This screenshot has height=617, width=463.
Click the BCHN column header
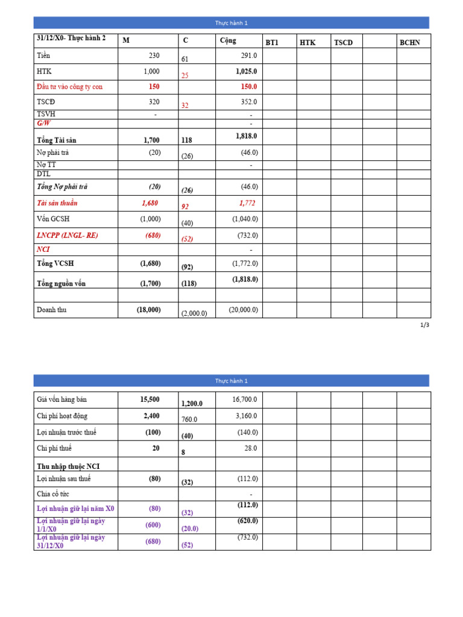coord(410,43)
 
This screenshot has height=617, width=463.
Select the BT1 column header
coord(272,43)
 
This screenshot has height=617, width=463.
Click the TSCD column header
coord(343,43)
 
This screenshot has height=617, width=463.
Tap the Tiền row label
coord(43,55)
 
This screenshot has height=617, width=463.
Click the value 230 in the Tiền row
coord(154,55)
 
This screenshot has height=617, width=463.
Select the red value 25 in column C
coord(185,75)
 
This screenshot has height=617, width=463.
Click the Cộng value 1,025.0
coord(246,71)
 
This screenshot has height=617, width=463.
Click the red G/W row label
coord(43,123)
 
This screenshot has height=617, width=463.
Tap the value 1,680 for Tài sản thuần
coord(151,203)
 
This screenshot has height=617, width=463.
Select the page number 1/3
coord(425,325)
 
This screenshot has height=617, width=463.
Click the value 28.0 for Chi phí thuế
coord(250,448)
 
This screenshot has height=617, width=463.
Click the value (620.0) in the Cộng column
coord(247,521)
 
